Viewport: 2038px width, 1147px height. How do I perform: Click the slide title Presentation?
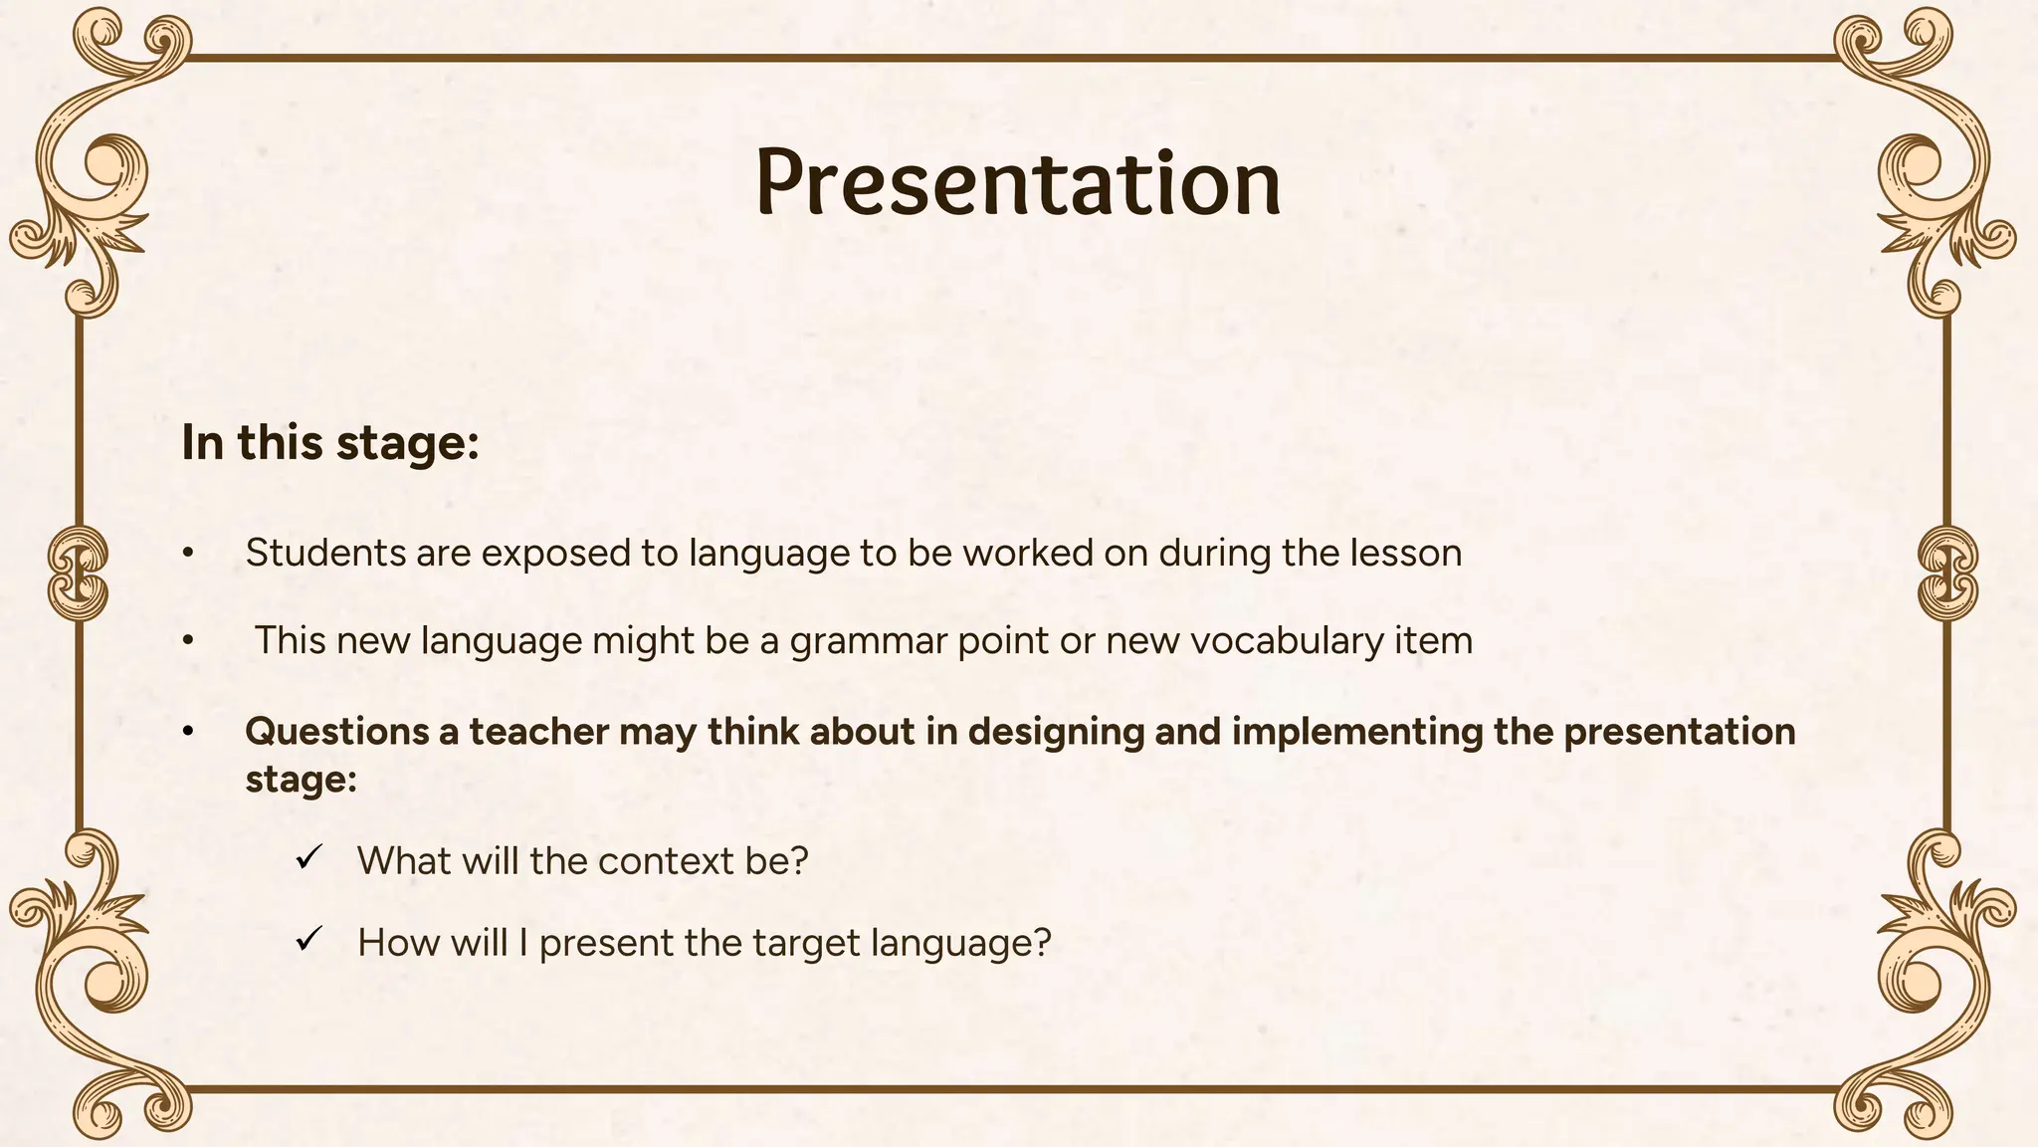point(1018,183)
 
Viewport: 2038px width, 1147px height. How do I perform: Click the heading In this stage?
point(330,443)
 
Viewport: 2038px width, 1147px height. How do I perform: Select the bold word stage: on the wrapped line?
point(301,779)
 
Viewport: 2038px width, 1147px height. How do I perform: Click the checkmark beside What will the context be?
point(309,857)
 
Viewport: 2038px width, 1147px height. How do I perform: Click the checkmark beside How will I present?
point(309,939)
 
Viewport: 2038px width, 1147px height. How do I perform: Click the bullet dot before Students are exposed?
point(187,554)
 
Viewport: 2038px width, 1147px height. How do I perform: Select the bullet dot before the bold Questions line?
point(187,732)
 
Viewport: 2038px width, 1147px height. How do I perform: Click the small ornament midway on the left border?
point(78,574)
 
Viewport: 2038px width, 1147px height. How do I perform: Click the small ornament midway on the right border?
point(1947,574)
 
